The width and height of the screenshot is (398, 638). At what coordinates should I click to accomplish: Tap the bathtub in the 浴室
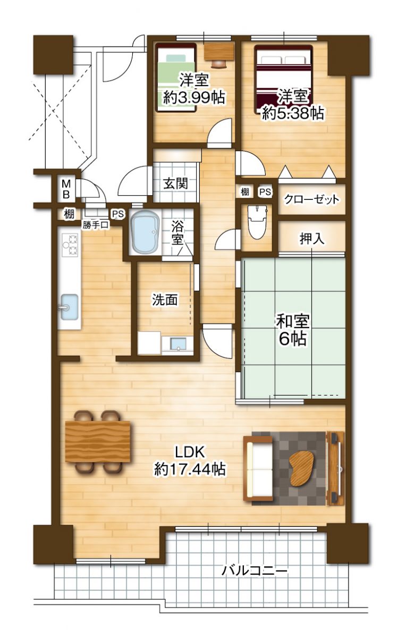tap(145, 232)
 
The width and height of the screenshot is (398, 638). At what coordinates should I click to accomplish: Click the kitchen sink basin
tap(69, 307)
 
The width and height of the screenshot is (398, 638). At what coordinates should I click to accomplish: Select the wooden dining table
tap(98, 441)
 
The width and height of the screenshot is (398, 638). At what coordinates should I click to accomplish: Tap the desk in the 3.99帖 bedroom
tap(219, 52)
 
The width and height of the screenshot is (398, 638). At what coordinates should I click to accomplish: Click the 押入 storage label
tap(312, 239)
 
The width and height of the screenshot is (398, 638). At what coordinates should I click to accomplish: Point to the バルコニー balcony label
tap(255, 572)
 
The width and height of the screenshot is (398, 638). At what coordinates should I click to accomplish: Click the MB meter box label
tap(66, 188)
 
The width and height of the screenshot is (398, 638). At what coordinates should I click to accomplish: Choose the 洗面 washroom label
tap(165, 300)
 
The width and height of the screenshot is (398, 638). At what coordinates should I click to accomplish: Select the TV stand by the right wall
tap(335, 467)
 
